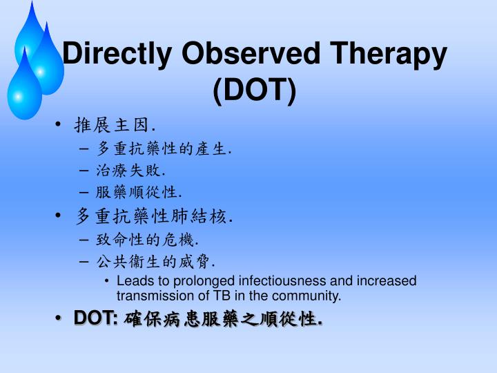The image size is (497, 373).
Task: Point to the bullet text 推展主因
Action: [115, 125]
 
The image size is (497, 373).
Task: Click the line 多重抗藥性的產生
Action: [164, 148]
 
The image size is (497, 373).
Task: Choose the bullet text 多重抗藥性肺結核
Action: [153, 216]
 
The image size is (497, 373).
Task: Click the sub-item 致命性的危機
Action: [147, 240]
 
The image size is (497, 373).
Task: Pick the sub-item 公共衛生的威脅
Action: [155, 262]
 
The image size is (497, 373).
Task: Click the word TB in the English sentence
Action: [224, 296]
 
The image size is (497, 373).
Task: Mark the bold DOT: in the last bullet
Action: [96, 319]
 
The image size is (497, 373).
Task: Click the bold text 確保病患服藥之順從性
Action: [223, 320]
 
